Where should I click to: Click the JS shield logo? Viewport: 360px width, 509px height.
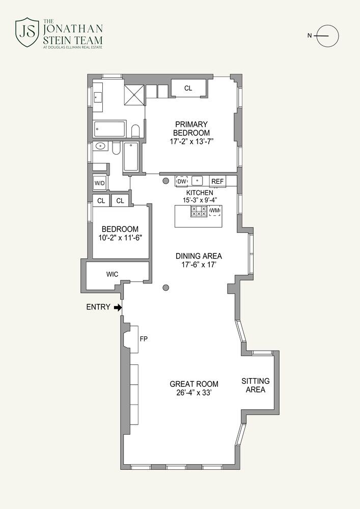coord(27,32)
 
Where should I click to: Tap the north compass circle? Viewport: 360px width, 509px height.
coord(328,36)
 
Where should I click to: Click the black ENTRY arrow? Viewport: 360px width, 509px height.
coord(118,307)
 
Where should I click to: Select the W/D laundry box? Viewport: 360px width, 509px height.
coord(100,183)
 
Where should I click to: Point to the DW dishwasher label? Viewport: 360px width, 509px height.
coord(182,182)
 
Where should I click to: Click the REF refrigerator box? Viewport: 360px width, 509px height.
coord(217,182)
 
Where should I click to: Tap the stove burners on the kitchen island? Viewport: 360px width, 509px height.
coord(199,211)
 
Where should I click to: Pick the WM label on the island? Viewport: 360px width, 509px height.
coord(215,211)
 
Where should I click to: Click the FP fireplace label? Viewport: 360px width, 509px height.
coord(144,339)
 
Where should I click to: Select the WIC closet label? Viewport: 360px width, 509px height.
coord(113,274)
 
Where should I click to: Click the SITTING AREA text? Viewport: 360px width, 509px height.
coord(256,385)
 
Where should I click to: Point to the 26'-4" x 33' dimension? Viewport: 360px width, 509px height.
coord(194,392)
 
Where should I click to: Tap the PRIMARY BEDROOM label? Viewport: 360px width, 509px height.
coord(191,129)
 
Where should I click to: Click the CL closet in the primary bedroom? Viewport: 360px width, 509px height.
coord(188,88)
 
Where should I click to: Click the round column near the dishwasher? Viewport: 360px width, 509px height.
coord(165,181)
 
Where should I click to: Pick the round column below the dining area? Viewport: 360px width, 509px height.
coord(166,287)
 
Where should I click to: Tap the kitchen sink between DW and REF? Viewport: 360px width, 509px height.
coord(198,181)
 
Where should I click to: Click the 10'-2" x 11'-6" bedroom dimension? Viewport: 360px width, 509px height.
coord(121,238)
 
